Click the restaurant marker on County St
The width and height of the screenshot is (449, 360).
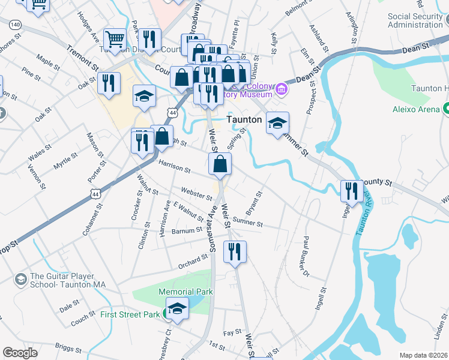pyautogui.click(x=352, y=191)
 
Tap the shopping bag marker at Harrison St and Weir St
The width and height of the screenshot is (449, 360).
pyautogui.click(x=220, y=163)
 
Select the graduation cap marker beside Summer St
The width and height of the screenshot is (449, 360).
pyautogui.click(x=277, y=123)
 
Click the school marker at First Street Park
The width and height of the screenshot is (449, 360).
pyautogui.click(x=177, y=309)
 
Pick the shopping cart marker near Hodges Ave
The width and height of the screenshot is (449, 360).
pyautogui.click(x=115, y=40)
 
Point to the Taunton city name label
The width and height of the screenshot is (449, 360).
pyautogui.click(x=244, y=119)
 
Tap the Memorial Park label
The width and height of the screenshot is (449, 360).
pyautogui.click(x=178, y=292)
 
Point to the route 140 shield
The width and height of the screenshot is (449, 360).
pyautogui.click(x=15, y=24)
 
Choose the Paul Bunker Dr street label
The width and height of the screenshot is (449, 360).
pyautogui.click(x=306, y=255)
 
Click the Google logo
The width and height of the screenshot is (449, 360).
pyautogui.click(x=20, y=353)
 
